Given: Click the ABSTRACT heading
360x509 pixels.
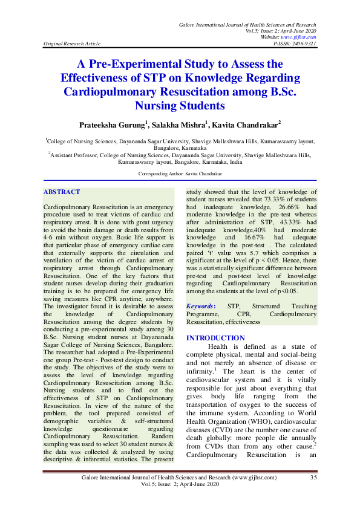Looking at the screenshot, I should (x=62, y=192).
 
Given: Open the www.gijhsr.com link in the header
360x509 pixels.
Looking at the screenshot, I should (x=301, y=37).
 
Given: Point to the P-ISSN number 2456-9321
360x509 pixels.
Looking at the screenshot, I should (x=303, y=44).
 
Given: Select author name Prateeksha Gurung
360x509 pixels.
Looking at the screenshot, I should (x=112, y=125).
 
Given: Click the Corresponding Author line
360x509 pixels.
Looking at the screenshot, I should (x=180, y=173).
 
